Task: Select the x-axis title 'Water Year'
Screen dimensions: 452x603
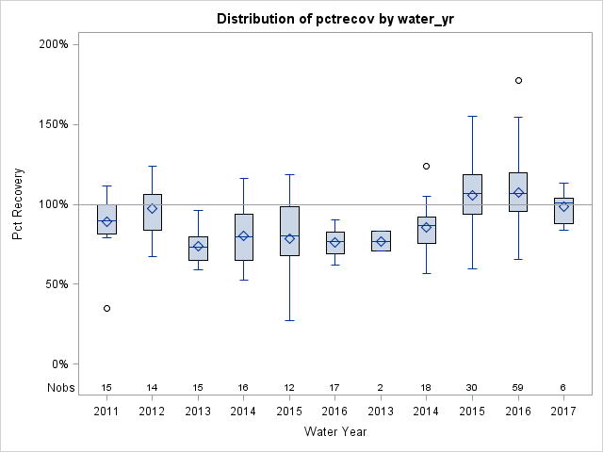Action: tap(334, 431)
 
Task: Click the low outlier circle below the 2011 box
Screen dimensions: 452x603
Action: tap(106, 308)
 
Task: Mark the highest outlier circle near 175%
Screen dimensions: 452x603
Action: tap(518, 81)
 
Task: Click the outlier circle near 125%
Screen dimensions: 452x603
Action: tap(426, 166)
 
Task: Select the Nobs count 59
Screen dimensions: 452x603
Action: tap(518, 387)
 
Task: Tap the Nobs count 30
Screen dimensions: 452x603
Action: tap(472, 387)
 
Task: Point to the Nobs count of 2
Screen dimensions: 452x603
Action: tap(381, 387)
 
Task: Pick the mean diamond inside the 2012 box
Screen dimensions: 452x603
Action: tap(153, 208)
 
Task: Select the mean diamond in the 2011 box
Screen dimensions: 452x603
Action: tap(106, 222)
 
